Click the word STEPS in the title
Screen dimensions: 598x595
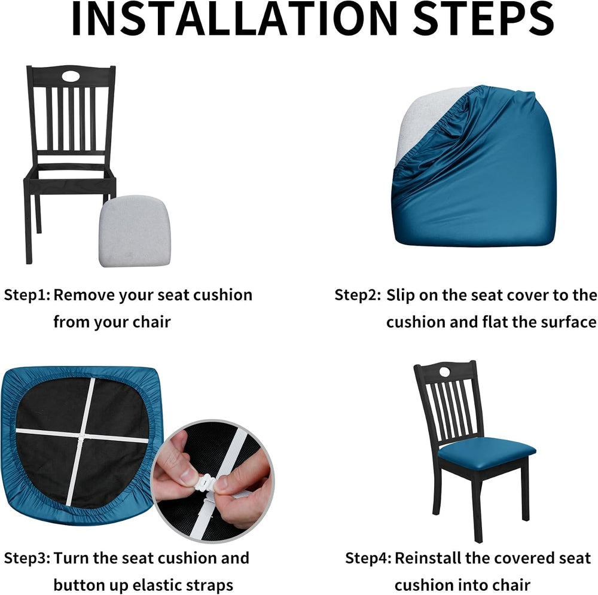[x=483, y=19]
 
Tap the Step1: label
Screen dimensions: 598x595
[x=27, y=295]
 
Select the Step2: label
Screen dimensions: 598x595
[x=358, y=295]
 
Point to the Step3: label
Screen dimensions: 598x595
[x=27, y=559]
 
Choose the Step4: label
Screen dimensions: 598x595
[x=368, y=559]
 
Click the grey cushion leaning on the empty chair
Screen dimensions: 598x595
[x=135, y=231]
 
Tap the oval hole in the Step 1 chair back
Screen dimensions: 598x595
[x=71, y=77]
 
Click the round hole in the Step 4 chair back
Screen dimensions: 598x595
[x=445, y=371]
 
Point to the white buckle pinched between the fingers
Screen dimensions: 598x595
[x=206, y=483]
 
